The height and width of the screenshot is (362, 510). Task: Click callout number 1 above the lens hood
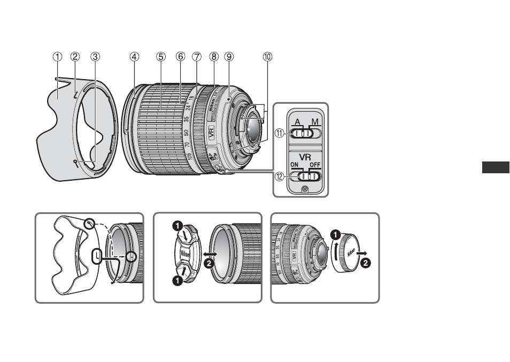[57, 56]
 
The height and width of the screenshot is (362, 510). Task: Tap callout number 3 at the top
[95, 56]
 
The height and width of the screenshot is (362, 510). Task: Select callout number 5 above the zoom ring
[161, 56]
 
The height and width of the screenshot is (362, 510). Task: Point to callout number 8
[214, 56]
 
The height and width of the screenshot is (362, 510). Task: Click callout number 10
[267, 56]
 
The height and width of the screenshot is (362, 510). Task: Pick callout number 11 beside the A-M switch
[279, 134]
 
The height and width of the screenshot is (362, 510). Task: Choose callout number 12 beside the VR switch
[279, 176]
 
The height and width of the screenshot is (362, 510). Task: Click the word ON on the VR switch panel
[294, 165]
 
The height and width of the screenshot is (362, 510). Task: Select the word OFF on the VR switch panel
[315, 165]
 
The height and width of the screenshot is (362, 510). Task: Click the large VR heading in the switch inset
[304, 158]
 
